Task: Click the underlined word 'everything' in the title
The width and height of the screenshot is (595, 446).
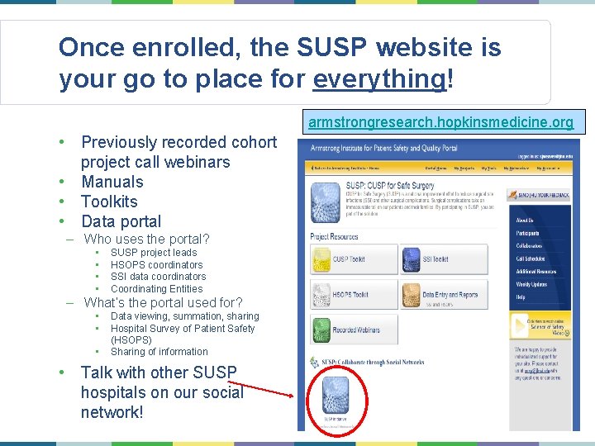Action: click(379, 78)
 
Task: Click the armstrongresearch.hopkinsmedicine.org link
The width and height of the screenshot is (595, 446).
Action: click(440, 122)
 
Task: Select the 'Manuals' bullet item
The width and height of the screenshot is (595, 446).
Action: click(112, 182)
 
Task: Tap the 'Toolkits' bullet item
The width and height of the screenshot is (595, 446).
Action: click(109, 202)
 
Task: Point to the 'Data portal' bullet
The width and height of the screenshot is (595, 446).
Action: click(121, 221)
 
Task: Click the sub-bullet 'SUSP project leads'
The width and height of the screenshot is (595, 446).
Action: click(154, 252)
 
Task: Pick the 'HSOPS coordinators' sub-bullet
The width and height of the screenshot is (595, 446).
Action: click(156, 264)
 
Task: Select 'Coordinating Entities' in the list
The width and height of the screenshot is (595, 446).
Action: click(156, 289)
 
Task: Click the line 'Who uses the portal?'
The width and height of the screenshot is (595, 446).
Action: click(147, 240)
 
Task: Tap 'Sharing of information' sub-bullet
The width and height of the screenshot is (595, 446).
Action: click(159, 352)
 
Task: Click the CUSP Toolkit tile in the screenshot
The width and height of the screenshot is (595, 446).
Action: click(351, 259)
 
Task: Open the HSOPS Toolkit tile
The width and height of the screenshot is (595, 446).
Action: click(351, 295)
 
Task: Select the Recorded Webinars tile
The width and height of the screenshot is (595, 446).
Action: click(351, 330)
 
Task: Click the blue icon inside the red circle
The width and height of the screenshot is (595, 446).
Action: click(336, 395)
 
